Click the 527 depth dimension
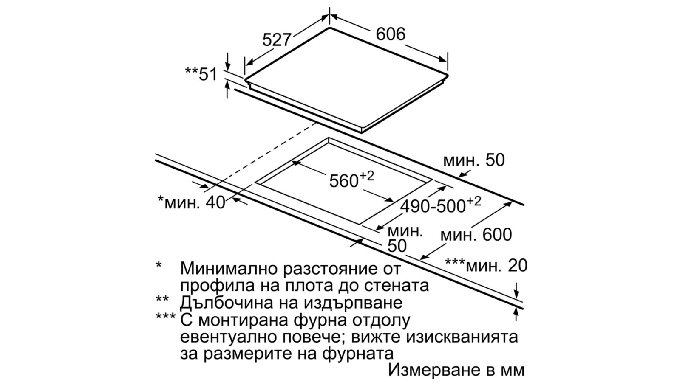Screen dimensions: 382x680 (276, 40)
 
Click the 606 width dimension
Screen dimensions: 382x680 (391, 34)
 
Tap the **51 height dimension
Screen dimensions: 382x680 (201, 74)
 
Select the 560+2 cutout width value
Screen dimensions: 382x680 (351, 180)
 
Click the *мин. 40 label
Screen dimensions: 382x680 (191, 202)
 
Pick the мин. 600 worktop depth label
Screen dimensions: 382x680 (476, 235)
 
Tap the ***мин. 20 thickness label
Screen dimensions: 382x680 (486, 265)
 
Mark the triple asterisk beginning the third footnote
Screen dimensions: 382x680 (165, 318)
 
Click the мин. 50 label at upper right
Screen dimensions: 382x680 (473, 160)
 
